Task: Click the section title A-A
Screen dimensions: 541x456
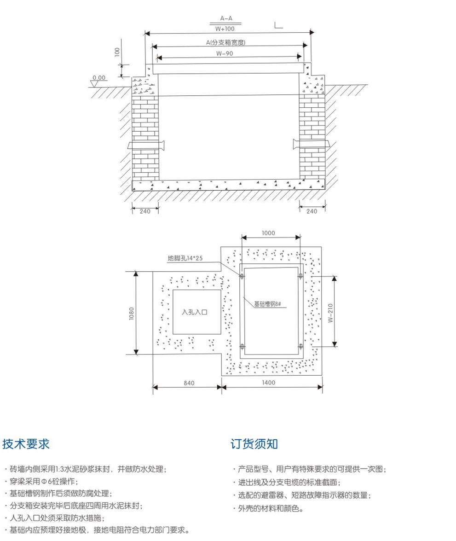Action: click(x=226, y=18)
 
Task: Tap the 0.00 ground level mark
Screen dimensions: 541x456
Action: click(x=98, y=78)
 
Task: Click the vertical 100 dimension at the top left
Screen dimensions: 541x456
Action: click(x=117, y=52)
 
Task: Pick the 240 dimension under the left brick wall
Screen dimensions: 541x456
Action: click(x=145, y=211)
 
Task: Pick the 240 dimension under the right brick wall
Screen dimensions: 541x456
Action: click(x=312, y=211)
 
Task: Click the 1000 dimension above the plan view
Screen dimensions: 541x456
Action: click(x=268, y=233)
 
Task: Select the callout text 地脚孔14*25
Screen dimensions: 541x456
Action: click(x=185, y=258)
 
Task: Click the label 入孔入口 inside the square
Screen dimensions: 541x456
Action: click(x=195, y=312)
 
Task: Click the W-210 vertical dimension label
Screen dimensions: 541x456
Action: click(x=330, y=312)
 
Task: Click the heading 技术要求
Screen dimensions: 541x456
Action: click(x=26, y=444)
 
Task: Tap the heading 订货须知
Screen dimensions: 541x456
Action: click(x=254, y=444)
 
